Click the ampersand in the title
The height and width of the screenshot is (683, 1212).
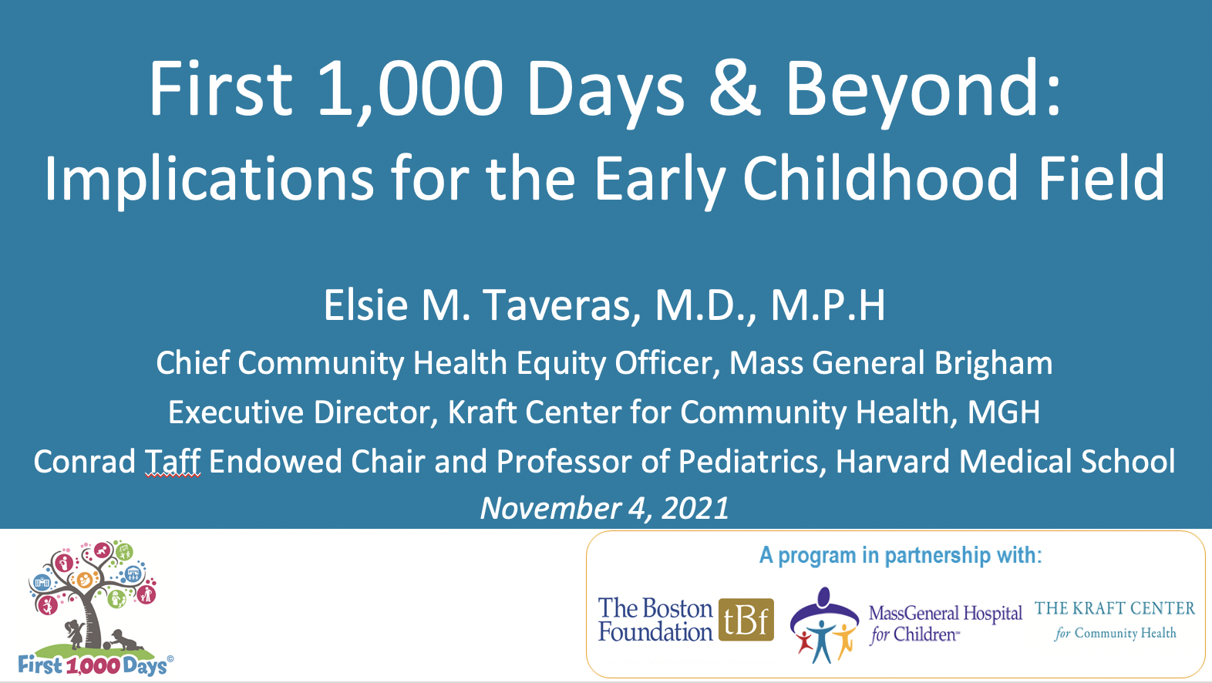[735, 88]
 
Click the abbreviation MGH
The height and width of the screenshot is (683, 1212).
[1004, 412]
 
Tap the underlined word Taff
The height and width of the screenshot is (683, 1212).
[173, 462]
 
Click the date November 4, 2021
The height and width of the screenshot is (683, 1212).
[605, 508]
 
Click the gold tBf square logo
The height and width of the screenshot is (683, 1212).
[746, 620]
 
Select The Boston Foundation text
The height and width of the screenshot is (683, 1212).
[655, 620]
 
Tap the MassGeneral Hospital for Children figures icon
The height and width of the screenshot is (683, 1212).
[824, 625]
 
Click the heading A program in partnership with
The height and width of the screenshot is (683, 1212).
[901, 556]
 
